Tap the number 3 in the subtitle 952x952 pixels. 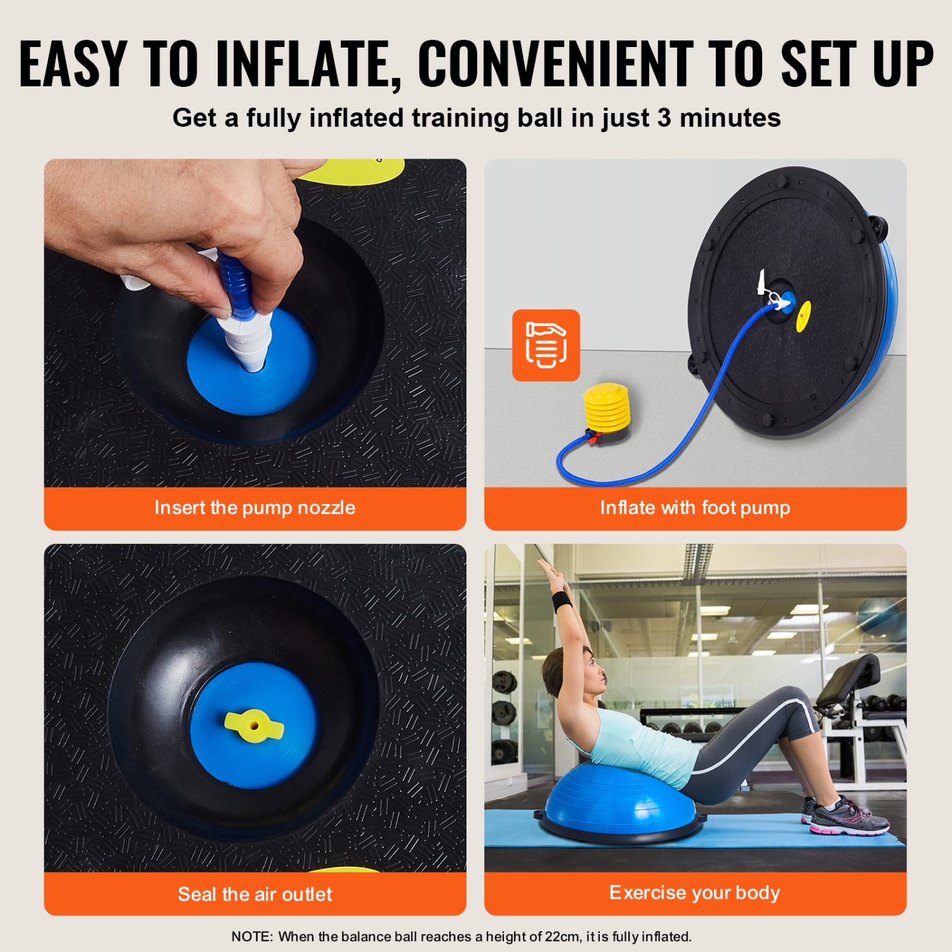pos(664,118)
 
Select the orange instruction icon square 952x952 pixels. pos(546,345)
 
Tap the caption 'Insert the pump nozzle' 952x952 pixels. pos(255,508)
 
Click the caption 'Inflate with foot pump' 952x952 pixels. pos(695,508)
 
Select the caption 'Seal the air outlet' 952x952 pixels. pos(255,894)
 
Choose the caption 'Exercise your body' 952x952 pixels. pos(695,893)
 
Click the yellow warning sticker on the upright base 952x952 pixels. pos(803,315)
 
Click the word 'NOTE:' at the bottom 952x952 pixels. pos(252,937)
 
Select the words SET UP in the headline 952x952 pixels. pos(857,63)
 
